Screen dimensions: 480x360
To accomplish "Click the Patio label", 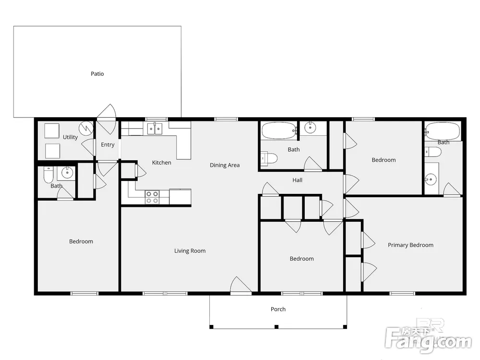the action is pos(97,74).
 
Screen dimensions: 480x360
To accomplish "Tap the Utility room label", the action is pos(70,137).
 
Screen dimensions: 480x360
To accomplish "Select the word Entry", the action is pos(108,144).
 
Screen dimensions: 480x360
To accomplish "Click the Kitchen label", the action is pos(162,163).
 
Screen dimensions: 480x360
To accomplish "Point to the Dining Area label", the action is pos(225,165).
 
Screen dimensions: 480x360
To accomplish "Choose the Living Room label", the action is pos(190,251).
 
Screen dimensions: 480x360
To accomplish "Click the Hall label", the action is pos(297,180).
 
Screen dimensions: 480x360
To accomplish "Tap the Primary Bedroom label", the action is pos(410,245).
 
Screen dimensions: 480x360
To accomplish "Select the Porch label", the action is pos(278,309).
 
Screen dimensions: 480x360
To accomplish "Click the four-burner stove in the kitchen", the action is pos(152,197).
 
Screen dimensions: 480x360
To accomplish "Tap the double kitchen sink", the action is pos(155,129).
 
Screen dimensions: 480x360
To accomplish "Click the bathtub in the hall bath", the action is pos(279,131).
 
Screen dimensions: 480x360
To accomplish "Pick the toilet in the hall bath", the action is pos(269,158).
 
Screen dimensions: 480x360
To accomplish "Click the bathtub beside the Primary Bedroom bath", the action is pos(443,132).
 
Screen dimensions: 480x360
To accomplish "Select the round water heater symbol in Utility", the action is pos(86,129).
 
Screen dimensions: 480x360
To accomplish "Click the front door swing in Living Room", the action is pos(240,285).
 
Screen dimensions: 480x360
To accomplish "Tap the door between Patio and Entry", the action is pos(107,119).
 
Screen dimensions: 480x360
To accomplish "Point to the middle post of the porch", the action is pos(276,327).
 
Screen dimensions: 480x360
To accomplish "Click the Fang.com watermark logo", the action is pos(428,339).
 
